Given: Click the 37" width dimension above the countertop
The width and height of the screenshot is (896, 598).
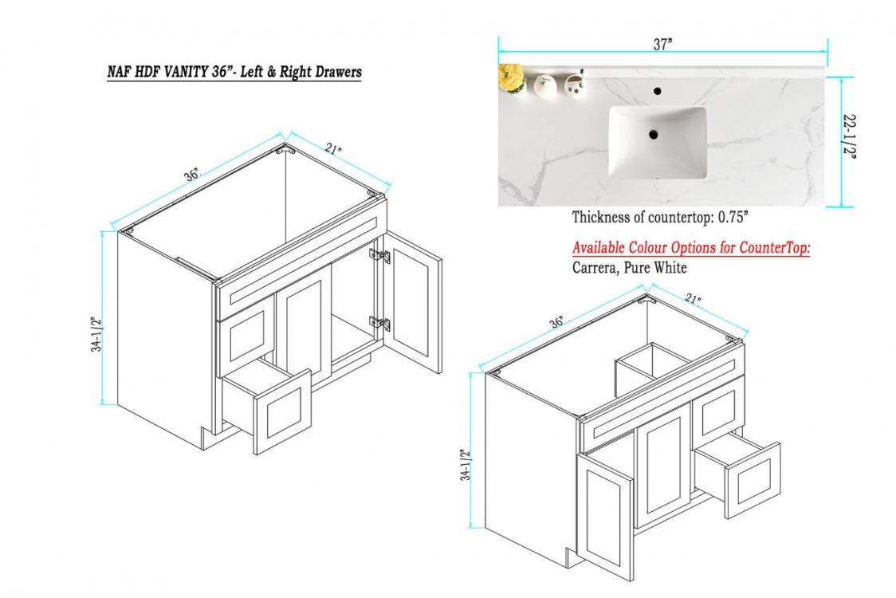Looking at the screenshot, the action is pyautogui.click(x=663, y=45).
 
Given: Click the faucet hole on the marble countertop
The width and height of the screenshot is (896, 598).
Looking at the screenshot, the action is pyautogui.click(x=657, y=91).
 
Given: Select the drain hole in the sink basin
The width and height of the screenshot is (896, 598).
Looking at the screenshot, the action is pyautogui.click(x=654, y=135).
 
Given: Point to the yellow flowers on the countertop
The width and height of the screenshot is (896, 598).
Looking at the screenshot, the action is pyautogui.click(x=511, y=78).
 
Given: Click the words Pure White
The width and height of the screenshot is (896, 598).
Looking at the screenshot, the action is pyautogui.click(x=655, y=268).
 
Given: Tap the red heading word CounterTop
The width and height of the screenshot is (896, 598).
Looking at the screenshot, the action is pyautogui.click(x=774, y=248).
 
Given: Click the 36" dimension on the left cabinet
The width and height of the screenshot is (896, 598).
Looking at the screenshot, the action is pyautogui.click(x=193, y=175).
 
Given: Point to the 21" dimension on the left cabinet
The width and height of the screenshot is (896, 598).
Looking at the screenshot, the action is pyautogui.click(x=334, y=149).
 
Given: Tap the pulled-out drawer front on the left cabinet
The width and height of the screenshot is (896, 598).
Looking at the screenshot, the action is pyautogui.click(x=284, y=411).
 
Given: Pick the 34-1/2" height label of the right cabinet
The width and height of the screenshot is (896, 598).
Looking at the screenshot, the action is pyautogui.click(x=467, y=465).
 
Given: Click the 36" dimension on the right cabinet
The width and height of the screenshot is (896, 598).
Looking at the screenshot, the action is pyautogui.click(x=556, y=322).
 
